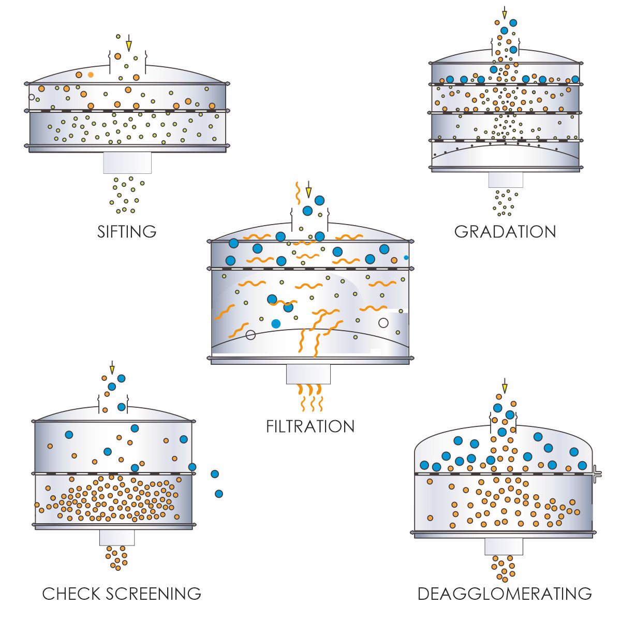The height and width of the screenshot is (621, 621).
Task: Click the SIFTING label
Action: click(127, 231)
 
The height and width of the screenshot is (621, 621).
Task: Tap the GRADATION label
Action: click(505, 231)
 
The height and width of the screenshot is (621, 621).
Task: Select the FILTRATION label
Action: click(310, 426)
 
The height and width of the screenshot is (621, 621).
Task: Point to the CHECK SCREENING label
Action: click(122, 594)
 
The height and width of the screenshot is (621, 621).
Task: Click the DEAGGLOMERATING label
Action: click(505, 594)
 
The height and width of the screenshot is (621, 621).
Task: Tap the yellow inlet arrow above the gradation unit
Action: click(505, 13)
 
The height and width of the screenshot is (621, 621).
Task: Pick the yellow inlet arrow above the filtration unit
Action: click(308, 191)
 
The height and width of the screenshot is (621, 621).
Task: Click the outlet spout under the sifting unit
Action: click(127, 162)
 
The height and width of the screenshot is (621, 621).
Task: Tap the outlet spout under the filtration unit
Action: click(308, 374)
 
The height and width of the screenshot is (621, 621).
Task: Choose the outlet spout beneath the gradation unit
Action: click(506, 180)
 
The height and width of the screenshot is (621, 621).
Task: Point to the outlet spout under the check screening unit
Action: click(117, 537)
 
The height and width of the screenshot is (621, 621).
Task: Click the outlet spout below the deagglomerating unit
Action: click(504, 546)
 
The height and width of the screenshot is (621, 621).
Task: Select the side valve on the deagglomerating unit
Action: click(597, 472)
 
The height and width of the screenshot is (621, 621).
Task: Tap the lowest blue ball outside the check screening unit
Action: click(219, 494)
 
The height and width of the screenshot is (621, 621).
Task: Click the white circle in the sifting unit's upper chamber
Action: click(32, 97)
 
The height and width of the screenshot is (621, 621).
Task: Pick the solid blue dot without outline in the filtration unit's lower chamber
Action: click(276, 323)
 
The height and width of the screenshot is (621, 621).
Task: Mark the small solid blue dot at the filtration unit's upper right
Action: click(406, 257)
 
